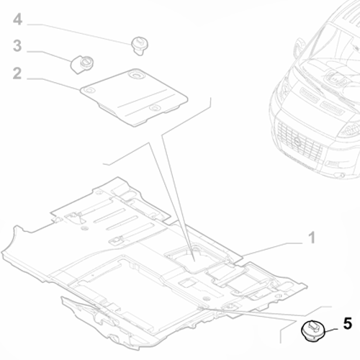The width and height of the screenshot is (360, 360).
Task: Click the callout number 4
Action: click(17, 19)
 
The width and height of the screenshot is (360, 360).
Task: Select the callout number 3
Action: click(17, 45)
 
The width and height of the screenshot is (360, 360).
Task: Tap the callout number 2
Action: click(17, 73)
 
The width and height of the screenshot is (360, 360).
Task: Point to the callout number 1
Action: click(312, 238)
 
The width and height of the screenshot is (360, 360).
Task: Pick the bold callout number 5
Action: click(347, 323)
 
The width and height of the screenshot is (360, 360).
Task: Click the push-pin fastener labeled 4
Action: click(140, 46)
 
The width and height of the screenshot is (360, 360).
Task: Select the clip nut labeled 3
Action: click(82, 64)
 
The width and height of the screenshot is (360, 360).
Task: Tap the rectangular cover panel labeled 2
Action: click(134, 96)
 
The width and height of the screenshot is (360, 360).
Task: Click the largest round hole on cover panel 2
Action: click(137, 74)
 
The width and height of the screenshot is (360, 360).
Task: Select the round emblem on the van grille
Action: click(298, 142)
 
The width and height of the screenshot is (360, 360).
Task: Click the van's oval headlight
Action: click(351, 131)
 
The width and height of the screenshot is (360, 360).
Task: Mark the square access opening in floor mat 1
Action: click(195, 260)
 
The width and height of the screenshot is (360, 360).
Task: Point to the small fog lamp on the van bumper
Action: click(333, 164)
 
